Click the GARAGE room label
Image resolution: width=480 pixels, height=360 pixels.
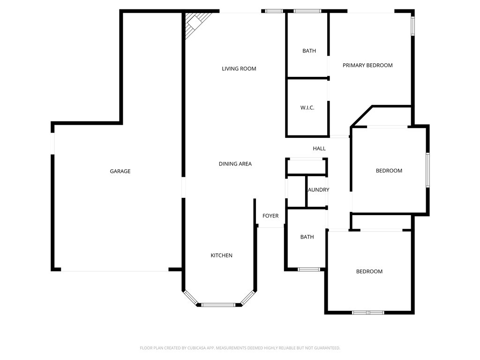coord(120,172)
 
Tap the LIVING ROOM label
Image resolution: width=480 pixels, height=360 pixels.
coord(239,69)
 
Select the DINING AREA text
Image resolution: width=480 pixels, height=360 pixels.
coord(235,164)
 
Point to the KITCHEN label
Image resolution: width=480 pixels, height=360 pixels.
coord(221,255)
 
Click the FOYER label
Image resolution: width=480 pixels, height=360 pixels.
coord(270,216)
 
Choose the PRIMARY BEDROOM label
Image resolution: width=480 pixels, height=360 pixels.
coord(367,66)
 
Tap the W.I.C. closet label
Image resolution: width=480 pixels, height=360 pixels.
coord(307,108)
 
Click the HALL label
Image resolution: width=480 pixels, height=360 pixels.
coord(319,149)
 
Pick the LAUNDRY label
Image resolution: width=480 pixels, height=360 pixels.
coord(318,190)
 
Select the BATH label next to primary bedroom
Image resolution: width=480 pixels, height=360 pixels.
coord(309,51)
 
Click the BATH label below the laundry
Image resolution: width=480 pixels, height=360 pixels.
coord(307,237)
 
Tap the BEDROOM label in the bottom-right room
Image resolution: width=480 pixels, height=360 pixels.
coord(369,271)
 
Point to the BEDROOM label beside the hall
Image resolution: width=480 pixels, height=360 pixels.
coord(389,171)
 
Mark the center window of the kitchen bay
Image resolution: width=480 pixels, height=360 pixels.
coord(218,305)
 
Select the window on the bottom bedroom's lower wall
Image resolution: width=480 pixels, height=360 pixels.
coord(368,312)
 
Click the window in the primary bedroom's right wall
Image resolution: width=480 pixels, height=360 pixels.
coord(413,26)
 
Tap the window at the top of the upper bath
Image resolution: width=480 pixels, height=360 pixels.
coord(307,11)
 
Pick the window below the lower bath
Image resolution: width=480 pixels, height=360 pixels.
coord(309,270)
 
